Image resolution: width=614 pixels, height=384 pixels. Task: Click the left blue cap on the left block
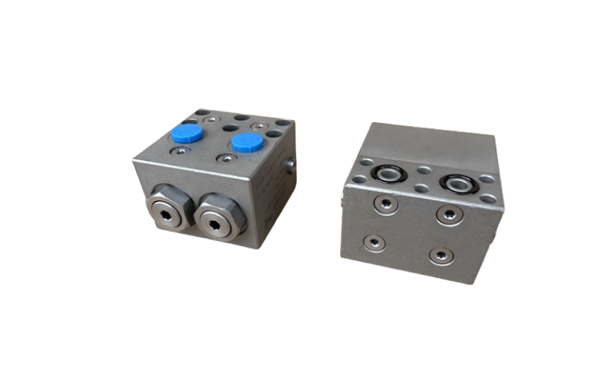[187, 134]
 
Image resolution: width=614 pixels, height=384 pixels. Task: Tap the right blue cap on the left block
[245, 142]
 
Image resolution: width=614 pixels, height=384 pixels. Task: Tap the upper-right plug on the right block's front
[449, 213]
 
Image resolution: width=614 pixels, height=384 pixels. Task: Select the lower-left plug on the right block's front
[375, 243]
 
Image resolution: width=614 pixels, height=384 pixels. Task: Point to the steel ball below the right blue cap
[226, 159]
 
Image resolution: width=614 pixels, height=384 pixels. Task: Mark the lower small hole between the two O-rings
[421, 187]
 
